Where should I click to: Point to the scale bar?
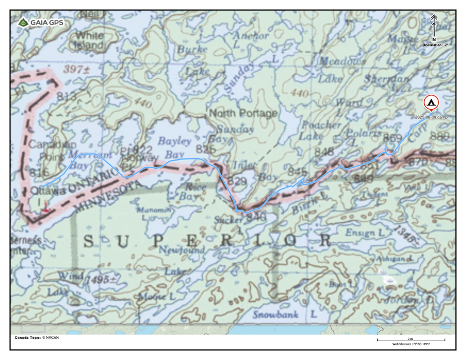[410, 340]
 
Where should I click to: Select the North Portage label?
[243, 113]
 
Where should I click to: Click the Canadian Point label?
[52, 151]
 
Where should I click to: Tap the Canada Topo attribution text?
[36, 338]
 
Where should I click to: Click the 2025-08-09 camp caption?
[432, 117]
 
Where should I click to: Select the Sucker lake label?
[228, 219]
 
